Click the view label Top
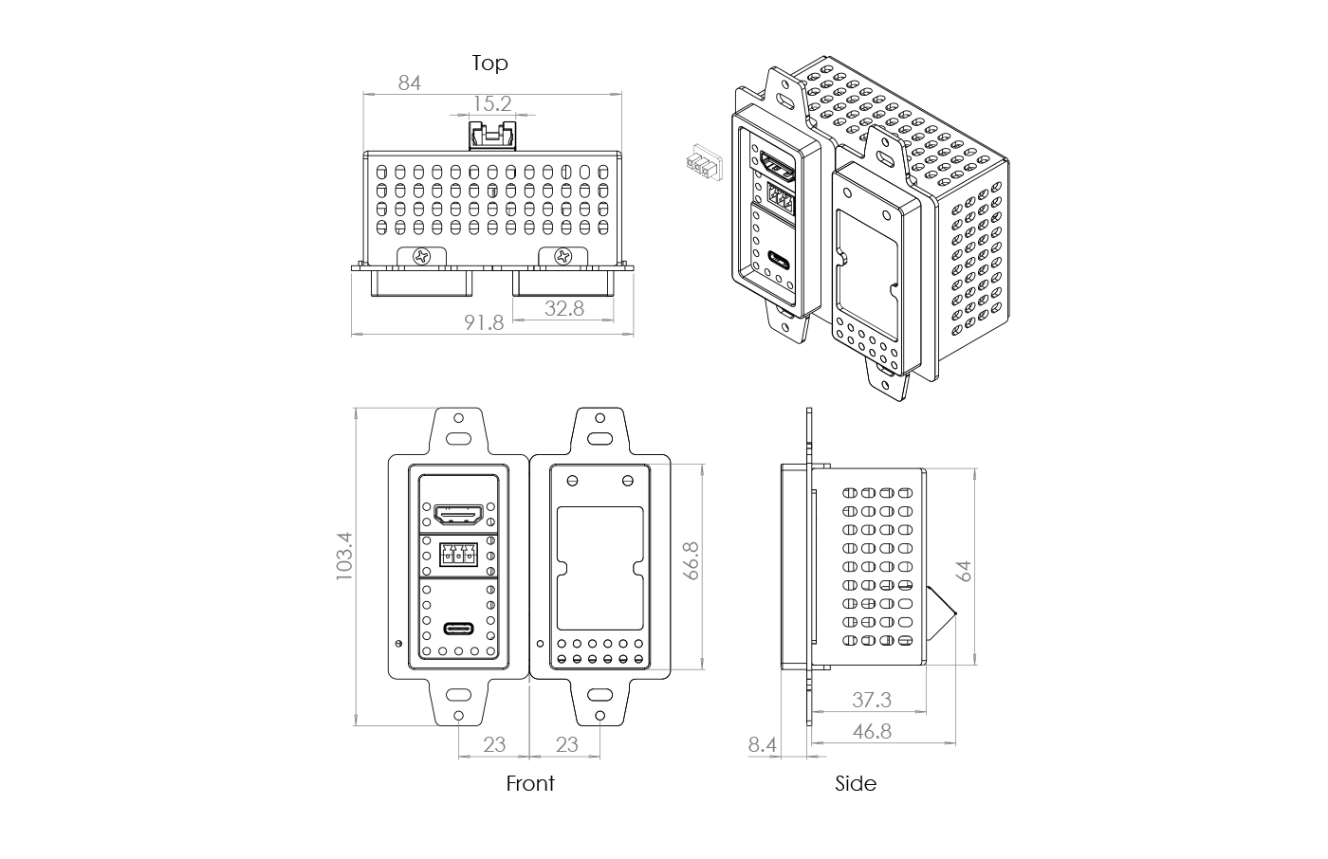click(x=489, y=64)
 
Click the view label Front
click(x=529, y=784)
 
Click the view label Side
click(x=856, y=784)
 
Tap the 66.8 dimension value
click(x=692, y=560)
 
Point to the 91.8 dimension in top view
click(x=484, y=322)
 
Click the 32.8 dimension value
click(x=563, y=308)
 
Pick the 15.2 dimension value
click(x=492, y=103)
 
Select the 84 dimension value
click(x=409, y=83)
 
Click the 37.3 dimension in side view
click(x=871, y=701)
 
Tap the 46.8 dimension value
click(x=871, y=732)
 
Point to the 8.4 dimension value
click(x=762, y=745)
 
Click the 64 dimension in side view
click(x=964, y=571)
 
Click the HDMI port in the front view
click(x=459, y=515)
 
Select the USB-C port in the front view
click(x=459, y=629)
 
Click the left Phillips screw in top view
click(x=420, y=255)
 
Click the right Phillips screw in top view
click(x=563, y=255)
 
